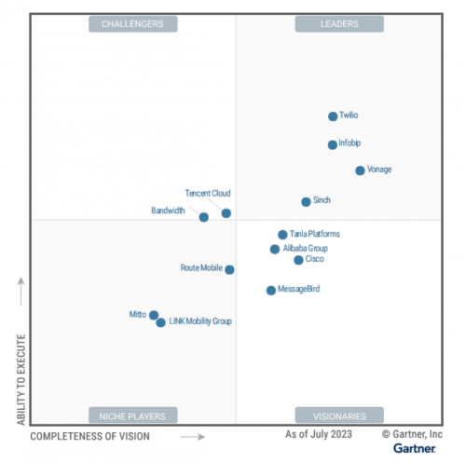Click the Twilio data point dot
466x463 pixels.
(333, 116)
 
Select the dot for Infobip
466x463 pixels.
(333, 144)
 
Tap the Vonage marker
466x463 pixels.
(360, 170)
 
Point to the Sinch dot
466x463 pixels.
(306, 201)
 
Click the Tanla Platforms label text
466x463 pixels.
(315, 235)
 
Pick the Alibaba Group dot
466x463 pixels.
(275, 249)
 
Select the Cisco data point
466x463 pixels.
(298, 260)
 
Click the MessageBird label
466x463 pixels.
(300, 290)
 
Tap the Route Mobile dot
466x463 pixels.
(230, 269)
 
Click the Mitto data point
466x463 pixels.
(154, 315)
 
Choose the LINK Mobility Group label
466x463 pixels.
(200, 321)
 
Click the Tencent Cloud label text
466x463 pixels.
(208, 194)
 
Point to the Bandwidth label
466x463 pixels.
(168, 211)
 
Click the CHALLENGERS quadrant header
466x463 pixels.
(133, 23)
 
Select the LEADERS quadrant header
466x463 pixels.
(338, 23)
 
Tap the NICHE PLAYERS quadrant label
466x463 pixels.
(133, 415)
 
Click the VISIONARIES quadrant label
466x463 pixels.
(338, 415)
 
